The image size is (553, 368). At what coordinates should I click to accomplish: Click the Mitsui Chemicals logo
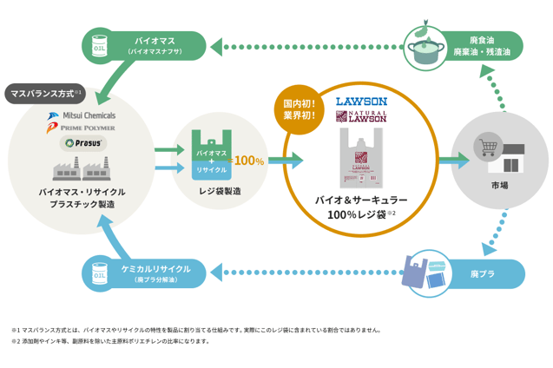pos(82,115)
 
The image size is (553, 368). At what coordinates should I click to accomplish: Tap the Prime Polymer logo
pos(82,128)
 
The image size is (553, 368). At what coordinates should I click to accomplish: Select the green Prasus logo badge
pos(82,142)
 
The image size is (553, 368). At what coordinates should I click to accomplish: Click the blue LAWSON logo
pos(361,102)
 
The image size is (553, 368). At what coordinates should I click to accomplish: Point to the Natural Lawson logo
pos(361,116)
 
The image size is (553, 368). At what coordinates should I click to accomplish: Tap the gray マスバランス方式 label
pos(43,93)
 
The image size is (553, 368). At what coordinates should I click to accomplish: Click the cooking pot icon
pos(425,48)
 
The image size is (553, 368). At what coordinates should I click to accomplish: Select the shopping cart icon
pos(487,147)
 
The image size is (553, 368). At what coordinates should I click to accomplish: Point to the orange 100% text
pos(248,161)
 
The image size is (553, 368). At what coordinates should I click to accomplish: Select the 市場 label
pos(499,186)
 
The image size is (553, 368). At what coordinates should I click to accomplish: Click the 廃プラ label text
pos(482,274)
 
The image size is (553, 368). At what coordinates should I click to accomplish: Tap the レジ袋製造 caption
pos(220,191)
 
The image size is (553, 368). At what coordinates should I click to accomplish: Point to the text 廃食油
pos(482,40)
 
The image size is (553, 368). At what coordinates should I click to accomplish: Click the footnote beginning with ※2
pos(111,341)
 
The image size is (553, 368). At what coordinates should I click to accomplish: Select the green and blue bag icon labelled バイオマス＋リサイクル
pos(211,156)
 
